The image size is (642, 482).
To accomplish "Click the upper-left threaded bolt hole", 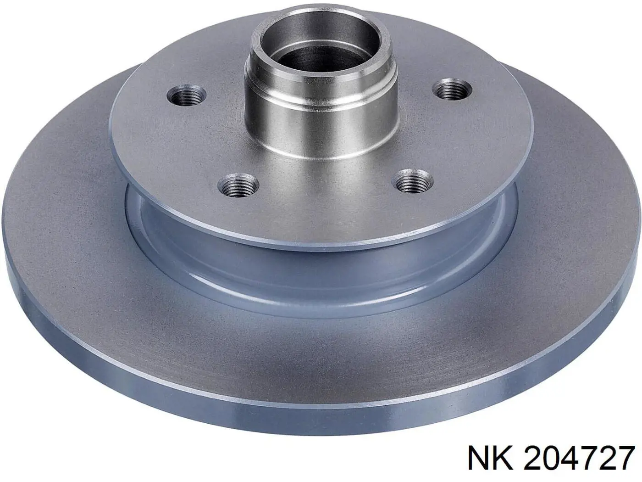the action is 186,96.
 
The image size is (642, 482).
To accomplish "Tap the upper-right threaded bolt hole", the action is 453,90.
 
